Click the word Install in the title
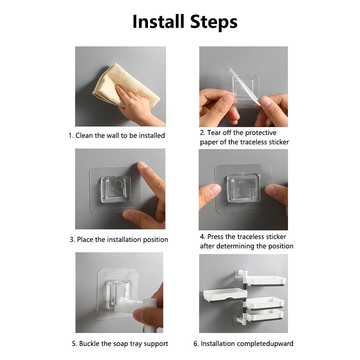[x=158, y=22]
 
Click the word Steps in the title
[x=214, y=22]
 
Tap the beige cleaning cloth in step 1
[x=126, y=85]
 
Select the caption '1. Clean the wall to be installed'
[x=117, y=135]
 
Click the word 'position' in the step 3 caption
[x=156, y=240]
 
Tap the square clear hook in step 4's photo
[x=244, y=188]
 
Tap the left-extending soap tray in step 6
[x=225, y=295]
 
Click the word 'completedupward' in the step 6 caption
[x=265, y=344]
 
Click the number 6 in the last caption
[x=195, y=344]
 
